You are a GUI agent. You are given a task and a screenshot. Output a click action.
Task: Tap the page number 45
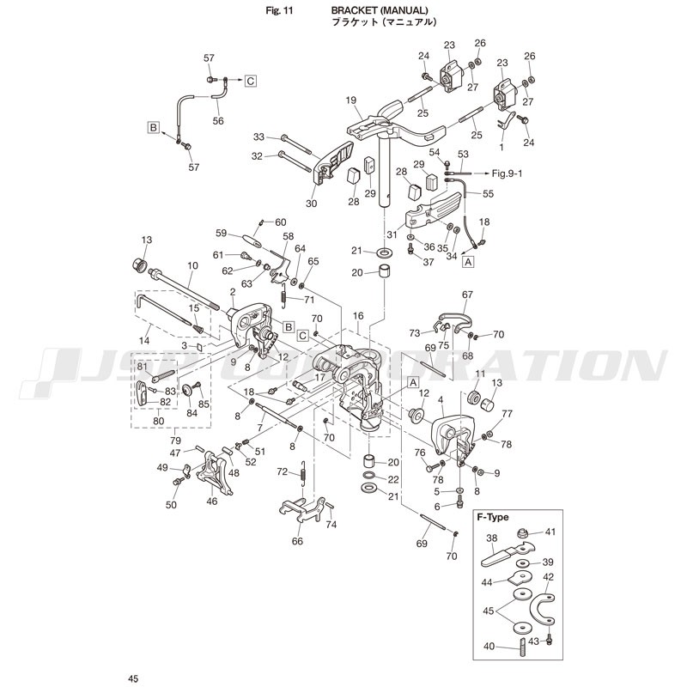(x=133, y=678)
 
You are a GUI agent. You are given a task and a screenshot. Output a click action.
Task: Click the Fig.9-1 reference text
(x=514, y=173)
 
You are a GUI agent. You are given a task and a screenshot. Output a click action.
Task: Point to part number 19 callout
(x=351, y=100)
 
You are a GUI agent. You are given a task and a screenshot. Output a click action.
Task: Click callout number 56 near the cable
(x=218, y=121)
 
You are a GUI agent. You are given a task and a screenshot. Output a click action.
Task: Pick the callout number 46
(x=212, y=502)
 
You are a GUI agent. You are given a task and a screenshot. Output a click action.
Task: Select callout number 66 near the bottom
(x=297, y=542)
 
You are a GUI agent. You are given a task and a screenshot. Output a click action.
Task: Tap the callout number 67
(x=467, y=295)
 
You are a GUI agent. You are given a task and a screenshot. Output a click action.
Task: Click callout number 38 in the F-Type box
(x=492, y=538)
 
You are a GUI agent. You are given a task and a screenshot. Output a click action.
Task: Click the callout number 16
(x=358, y=317)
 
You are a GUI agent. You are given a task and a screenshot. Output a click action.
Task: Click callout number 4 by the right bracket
(x=441, y=399)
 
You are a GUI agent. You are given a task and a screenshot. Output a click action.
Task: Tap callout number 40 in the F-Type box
(x=489, y=647)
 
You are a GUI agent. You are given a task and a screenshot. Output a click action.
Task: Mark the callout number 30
(x=311, y=204)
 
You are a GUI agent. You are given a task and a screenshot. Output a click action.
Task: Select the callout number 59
(x=221, y=233)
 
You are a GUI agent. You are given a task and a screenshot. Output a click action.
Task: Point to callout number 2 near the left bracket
(x=233, y=292)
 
